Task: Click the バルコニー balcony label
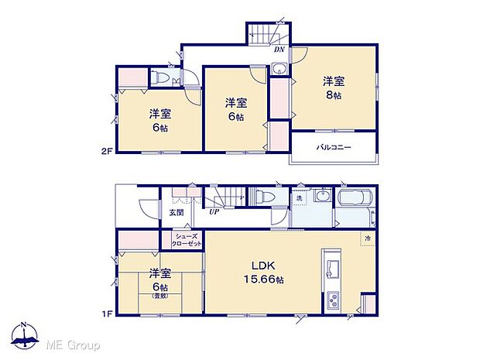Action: [x=334, y=147]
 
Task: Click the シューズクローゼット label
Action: [x=187, y=239]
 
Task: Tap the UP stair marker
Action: [x=213, y=210]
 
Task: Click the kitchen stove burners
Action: [x=334, y=299]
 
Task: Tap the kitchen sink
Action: [x=334, y=269]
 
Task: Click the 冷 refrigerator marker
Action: [x=367, y=239]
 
